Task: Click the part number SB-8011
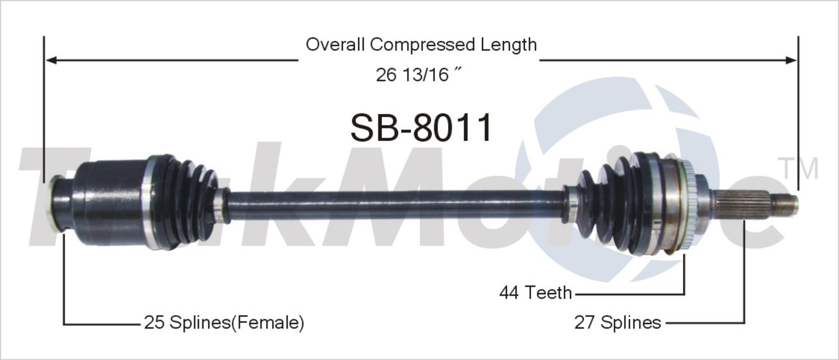coord(421,128)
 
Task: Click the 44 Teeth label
coord(535,292)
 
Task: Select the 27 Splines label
coord(618,323)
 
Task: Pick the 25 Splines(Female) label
coord(224,323)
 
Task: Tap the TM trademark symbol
coord(798,168)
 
